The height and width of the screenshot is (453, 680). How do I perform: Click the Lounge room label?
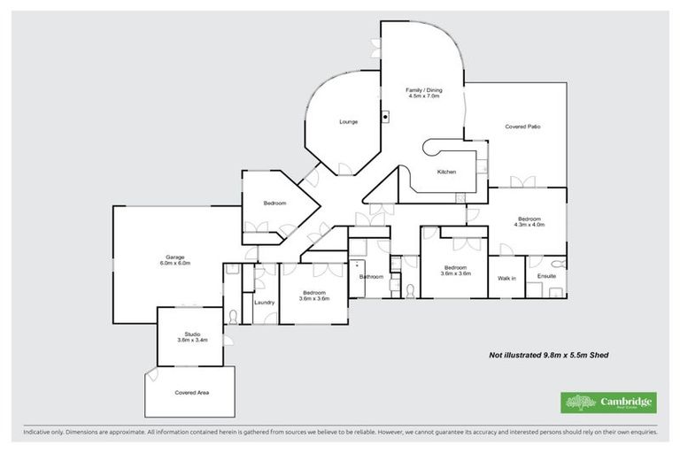(x=349, y=121)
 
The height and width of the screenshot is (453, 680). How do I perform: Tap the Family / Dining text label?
(x=424, y=89)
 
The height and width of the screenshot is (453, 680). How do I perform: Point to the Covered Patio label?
(x=522, y=127)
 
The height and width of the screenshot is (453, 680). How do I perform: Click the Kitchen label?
(x=446, y=172)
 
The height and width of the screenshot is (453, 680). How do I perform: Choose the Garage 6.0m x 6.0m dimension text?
(x=175, y=263)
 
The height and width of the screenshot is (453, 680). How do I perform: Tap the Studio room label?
(x=192, y=333)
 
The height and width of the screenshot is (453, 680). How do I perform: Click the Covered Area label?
(x=191, y=392)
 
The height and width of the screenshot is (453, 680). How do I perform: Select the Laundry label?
(x=264, y=303)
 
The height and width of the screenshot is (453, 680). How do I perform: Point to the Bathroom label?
(x=371, y=277)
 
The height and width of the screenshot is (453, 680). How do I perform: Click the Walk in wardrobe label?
(x=507, y=278)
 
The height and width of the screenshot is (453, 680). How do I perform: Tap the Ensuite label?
(x=546, y=278)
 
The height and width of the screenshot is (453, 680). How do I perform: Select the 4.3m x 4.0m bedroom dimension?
(x=529, y=225)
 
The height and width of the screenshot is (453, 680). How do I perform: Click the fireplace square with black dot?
(x=386, y=115)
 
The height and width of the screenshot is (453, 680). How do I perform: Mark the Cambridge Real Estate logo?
(x=608, y=403)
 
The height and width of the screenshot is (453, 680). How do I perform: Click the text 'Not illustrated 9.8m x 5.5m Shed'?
(x=549, y=355)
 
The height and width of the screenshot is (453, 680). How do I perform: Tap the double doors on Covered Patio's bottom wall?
(x=522, y=183)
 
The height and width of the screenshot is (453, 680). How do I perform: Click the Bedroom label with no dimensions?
(x=274, y=203)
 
